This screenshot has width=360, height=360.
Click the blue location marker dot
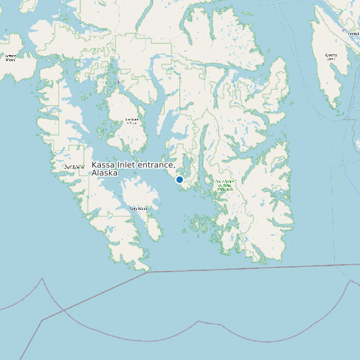[x=179, y=179]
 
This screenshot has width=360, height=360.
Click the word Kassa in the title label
[x=103, y=165]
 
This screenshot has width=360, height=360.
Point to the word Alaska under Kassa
[x=105, y=173]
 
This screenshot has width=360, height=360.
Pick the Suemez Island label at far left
[x=10, y=58]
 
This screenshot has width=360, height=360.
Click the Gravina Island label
[x=331, y=56]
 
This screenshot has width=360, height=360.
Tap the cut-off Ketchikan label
[x=353, y=33]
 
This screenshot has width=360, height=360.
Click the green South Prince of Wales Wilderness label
[x=224, y=185]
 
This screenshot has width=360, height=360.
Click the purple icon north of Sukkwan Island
[x=118, y=82]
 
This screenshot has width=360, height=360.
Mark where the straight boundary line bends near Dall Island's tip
[x=147, y=272]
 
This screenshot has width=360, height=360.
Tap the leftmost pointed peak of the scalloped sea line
[x=43, y=278]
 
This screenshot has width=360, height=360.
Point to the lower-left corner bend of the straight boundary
[x=41, y=321]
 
